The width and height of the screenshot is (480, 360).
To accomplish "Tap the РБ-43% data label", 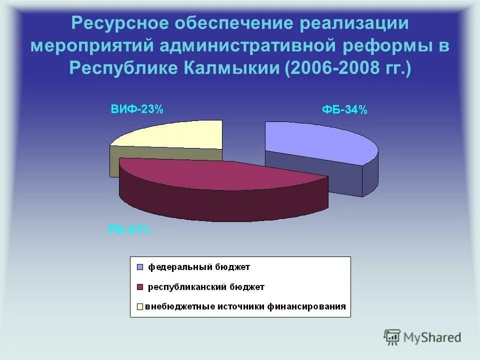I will pyautogui.click(x=129, y=230).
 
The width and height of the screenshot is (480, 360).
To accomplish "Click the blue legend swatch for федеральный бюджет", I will pyautogui.click(x=139, y=267).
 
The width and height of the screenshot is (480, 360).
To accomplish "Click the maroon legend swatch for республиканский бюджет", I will pyautogui.click(x=139, y=287).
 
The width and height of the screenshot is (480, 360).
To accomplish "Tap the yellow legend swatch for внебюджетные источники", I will pyautogui.click(x=139, y=306).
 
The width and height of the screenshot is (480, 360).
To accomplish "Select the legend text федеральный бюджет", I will pyautogui.click(x=197, y=267).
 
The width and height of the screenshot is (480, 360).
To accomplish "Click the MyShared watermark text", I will pyautogui.click(x=433, y=337).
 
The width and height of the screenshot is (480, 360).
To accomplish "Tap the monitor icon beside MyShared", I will pyautogui.click(x=392, y=337).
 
